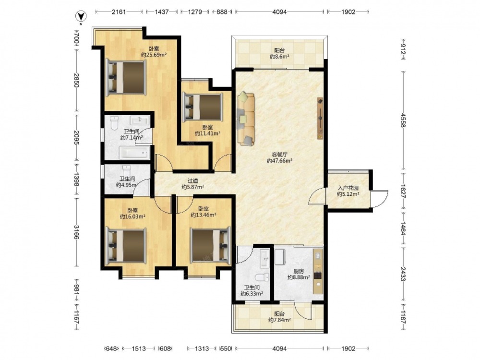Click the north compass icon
click(x=80, y=16)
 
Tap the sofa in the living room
click(x=246, y=118)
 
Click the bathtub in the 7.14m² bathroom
click(x=135, y=153)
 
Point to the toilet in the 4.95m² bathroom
click(x=126, y=170)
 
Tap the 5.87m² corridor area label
click(x=193, y=184)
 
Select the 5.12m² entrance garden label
click(x=348, y=191)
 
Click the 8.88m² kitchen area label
click(x=299, y=274)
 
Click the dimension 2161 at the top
click(x=119, y=12)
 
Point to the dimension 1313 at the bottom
click(x=202, y=348)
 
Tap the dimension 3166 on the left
click(x=76, y=232)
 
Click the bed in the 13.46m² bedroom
click(x=210, y=245)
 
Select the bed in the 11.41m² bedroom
click(x=203, y=107)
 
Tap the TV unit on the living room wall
click(x=320, y=118)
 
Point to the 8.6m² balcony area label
click(x=279, y=54)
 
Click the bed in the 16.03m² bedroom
click(x=125, y=246)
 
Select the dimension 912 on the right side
click(x=404, y=49)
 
